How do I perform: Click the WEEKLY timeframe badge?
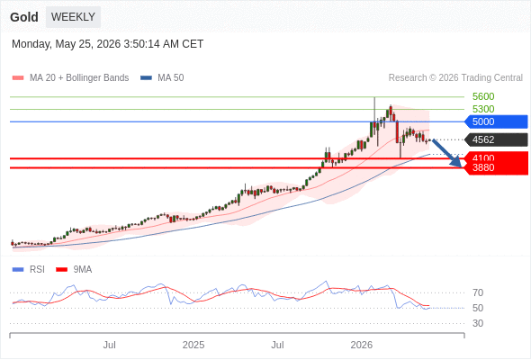point(73,17)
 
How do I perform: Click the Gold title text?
point(24,17)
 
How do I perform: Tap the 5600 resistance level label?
point(483,96)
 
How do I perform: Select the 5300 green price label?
point(483,109)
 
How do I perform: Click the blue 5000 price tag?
point(496,121)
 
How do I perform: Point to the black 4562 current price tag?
point(496,139)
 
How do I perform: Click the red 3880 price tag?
point(496,168)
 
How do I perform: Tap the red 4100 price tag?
point(496,157)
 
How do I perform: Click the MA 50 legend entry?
point(162,78)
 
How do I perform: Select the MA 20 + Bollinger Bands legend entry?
point(70,78)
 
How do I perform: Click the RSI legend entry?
point(29,270)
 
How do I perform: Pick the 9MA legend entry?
point(74,270)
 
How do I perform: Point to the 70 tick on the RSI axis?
point(478,292)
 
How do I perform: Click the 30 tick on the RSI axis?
point(478,323)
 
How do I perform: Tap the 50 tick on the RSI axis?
point(478,308)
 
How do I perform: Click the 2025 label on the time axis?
point(193,345)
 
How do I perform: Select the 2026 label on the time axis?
point(361,345)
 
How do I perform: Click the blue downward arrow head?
point(457,163)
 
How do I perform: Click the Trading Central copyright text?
point(455,78)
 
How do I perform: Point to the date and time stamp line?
point(108,44)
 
